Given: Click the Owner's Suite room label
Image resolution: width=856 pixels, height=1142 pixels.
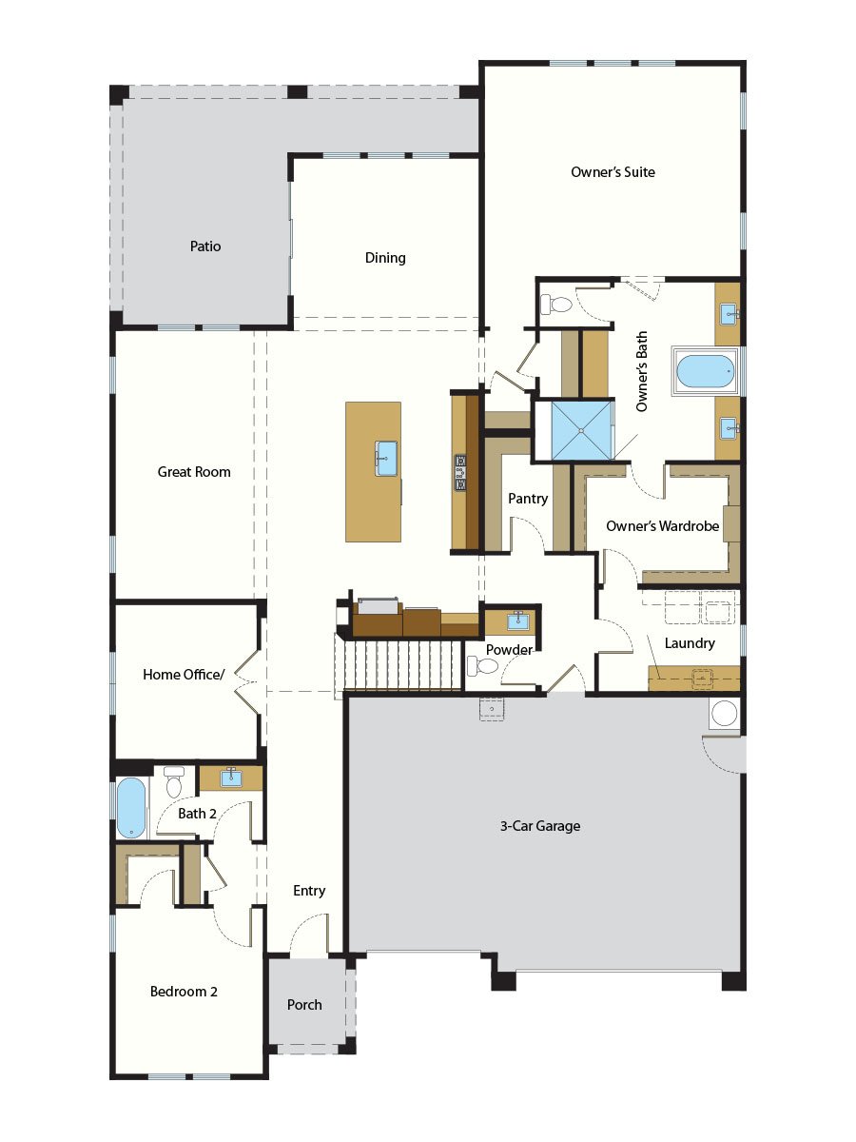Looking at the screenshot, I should pyautogui.click(x=613, y=172).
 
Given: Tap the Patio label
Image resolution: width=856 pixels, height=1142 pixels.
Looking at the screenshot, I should pyautogui.click(x=204, y=246).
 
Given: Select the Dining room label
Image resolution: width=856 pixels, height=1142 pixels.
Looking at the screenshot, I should pyautogui.click(x=385, y=258).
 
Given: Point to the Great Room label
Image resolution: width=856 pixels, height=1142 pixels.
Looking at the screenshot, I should pyautogui.click(x=194, y=472).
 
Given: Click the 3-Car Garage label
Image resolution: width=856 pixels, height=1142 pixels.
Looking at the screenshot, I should pyautogui.click(x=540, y=826).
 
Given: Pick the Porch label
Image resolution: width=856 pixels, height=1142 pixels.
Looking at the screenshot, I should pyautogui.click(x=304, y=1005).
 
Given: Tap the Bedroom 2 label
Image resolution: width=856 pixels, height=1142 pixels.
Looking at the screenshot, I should pyautogui.click(x=184, y=992).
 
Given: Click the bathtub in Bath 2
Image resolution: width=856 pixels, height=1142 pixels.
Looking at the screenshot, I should pyautogui.click(x=131, y=808).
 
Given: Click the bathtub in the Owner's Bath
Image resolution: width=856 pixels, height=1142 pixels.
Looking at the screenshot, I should pyautogui.click(x=705, y=370).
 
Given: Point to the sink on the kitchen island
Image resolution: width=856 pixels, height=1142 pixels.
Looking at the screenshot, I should pyautogui.click(x=386, y=457).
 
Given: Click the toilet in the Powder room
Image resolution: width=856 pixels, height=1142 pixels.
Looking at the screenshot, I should pyautogui.click(x=482, y=666).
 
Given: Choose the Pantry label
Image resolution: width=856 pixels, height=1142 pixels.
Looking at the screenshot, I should pyautogui.click(x=528, y=499).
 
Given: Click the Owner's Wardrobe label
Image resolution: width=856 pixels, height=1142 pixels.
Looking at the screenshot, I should pyautogui.click(x=662, y=526).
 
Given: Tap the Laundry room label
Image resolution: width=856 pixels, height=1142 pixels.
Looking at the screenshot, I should pyautogui.click(x=690, y=643).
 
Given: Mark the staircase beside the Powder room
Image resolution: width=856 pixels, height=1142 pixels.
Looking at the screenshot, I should pyautogui.click(x=399, y=663).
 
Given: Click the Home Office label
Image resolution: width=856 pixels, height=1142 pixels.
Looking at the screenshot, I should pyautogui.click(x=184, y=675).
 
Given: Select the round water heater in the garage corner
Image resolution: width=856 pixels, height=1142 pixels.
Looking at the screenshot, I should pyautogui.click(x=725, y=714).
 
